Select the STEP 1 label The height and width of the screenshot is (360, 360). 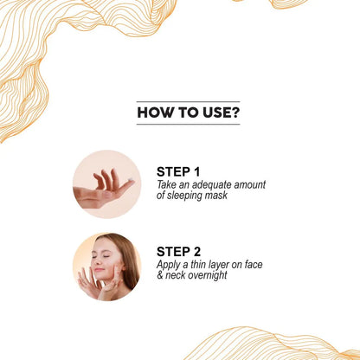(x=178, y=171)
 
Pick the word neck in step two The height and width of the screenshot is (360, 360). (x=177, y=276)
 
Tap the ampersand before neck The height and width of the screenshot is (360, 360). (x=161, y=276)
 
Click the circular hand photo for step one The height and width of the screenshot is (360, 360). (x=106, y=184)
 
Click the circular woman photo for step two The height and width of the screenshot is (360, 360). (x=106, y=267)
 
